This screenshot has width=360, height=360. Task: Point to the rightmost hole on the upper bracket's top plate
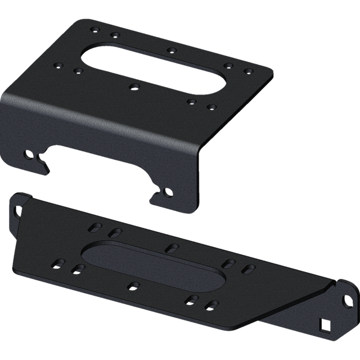(x=247, y=71)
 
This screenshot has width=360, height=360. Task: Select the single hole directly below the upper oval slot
(x=133, y=85)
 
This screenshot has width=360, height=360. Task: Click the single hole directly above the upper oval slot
(x=170, y=49)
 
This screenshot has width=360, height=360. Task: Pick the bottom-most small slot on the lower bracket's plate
(x=211, y=305)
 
